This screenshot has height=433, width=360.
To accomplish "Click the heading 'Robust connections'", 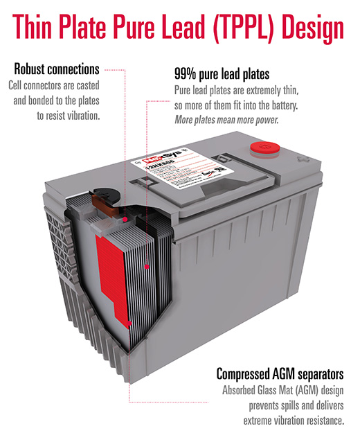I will [x=57, y=69].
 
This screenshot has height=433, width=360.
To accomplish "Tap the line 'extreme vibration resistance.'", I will [x=294, y=420].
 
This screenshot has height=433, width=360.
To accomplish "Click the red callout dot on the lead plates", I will [x=148, y=265].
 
